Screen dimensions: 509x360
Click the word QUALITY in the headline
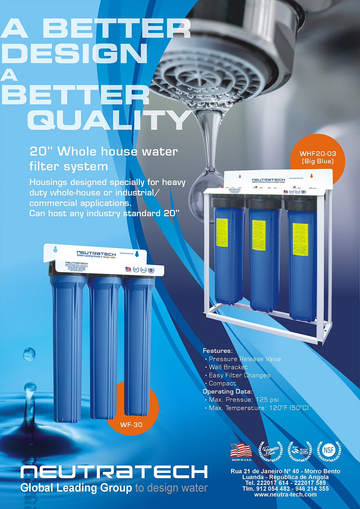(109, 120)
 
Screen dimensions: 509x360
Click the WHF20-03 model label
(318, 154)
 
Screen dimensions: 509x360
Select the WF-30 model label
(131, 425)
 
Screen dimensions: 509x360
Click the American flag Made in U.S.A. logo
(241, 451)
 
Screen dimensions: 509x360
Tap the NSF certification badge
(329, 451)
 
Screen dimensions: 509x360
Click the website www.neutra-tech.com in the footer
(285, 494)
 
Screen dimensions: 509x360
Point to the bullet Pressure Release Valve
(245, 359)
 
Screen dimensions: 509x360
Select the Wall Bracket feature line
(228, 367)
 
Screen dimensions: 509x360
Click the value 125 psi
(267, 400)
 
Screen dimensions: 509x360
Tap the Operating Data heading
(228, 391)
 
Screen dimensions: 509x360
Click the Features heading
(218, 351)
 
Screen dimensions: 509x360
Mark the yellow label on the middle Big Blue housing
(259, 235)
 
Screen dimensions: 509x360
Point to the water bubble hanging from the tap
(203, 186)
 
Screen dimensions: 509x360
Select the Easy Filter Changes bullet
(240, 375)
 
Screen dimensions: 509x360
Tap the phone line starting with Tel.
(285, 483)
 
